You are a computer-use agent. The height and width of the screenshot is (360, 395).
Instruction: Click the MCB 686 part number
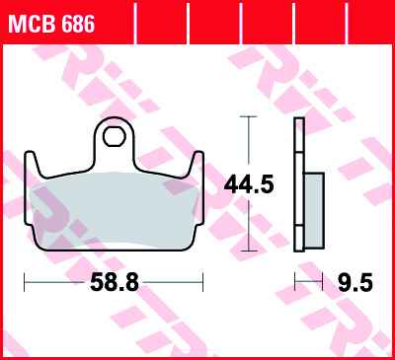(x=51, y=24)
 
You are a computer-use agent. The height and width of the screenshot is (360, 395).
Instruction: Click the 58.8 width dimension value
(x=115, y=282)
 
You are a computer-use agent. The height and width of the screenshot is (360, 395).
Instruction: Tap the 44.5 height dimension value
(x=249, y=184)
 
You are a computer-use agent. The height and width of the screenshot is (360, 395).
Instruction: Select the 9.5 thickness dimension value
(x=355, y=282)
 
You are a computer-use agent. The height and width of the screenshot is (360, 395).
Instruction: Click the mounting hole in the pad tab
(x=115, y=136)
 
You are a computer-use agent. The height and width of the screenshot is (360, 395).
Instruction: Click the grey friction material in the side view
(x=314, y=210)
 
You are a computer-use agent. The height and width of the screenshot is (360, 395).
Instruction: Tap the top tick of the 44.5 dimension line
(x=249, y=116)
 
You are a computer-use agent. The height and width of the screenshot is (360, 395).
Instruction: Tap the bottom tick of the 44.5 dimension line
(x=249, y=251)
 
